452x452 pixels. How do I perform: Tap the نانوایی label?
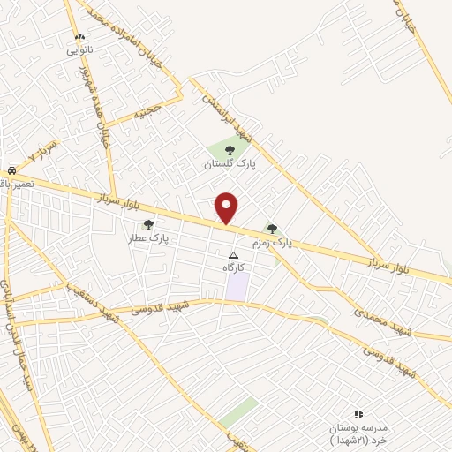pyautogui.click(x=79, y=50)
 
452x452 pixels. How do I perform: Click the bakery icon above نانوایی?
pyautogui.click(x=80, y=37)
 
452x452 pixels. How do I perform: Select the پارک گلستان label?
pyautogui.click(x=223, y=165)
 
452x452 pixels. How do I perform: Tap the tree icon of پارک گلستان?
pyautogui.click(x=230, y=151)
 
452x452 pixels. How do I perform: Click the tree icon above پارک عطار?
pyautogui.click(x=148, y=224)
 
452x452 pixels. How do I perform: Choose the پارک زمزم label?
pyautogui.click(x=270, y=241)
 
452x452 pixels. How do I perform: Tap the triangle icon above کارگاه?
pyautogui.click(x=233, y=254)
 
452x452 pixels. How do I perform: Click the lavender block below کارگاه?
pyautogui.click(x=237, y=286)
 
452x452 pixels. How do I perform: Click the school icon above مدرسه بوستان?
pyautogui.click(x=358, y=413)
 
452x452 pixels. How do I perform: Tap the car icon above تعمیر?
pyautogui.click(x=12, y=169)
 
